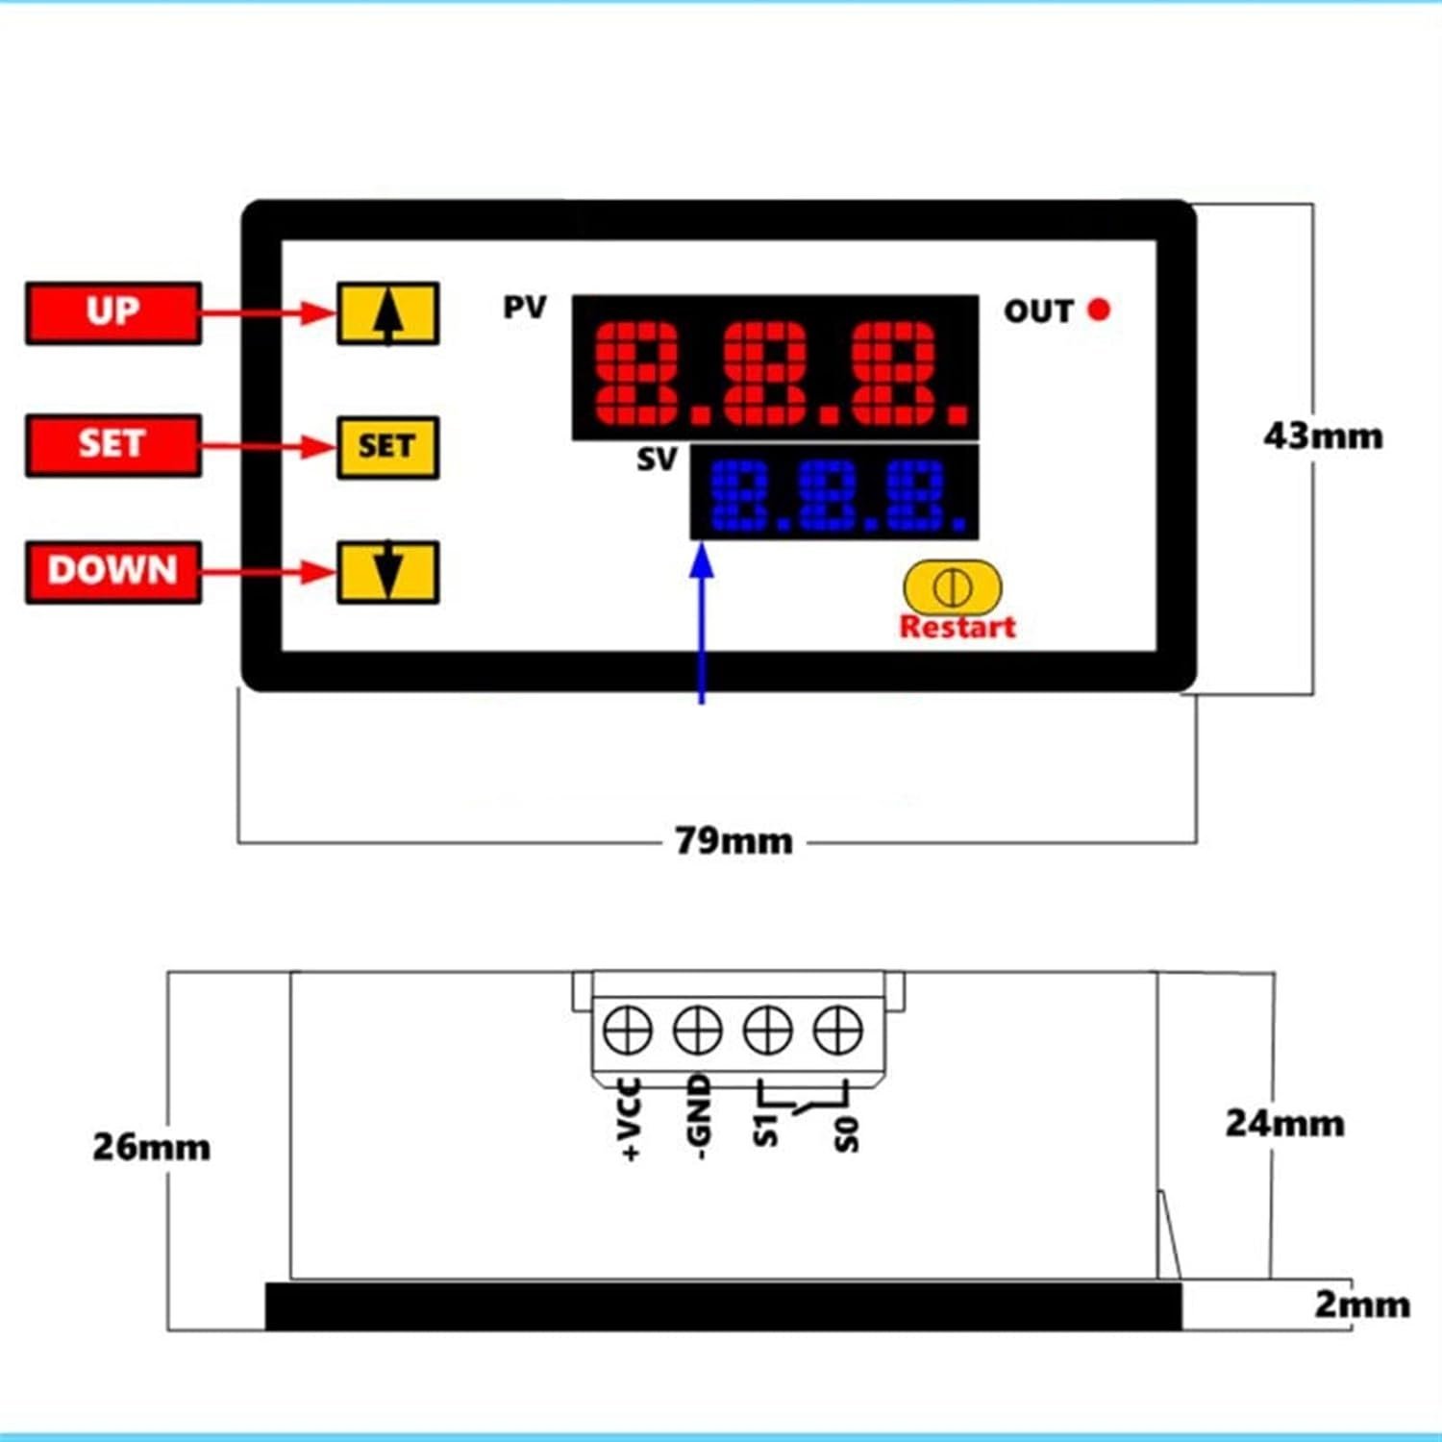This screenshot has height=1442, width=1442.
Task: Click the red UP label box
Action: click(113, 312)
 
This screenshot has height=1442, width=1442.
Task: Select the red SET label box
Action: click(113, 445)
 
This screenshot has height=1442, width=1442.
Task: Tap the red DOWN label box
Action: click(113, 572)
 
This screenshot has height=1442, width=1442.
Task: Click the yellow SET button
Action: click(387, 447)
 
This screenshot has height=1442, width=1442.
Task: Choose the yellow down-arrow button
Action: click(387, 572)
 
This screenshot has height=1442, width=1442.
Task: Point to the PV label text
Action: click(525, 308)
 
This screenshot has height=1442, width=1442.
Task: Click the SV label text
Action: click(658, 460)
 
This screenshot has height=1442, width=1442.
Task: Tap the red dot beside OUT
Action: click(1099, 310)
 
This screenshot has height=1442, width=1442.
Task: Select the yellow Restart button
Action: click(953, 586)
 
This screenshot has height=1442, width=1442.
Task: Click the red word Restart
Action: click(957, 627)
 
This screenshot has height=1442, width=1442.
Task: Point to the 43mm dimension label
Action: click(1324, 436)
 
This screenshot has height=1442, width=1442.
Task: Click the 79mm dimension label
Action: click(733, 841)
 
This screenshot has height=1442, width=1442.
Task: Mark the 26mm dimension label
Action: click(151, 1147)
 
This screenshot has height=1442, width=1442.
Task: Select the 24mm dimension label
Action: click(1284, 1123)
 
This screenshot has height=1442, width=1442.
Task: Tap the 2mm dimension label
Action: click(1362, 1305)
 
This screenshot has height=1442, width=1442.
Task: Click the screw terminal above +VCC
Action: click(628, 1031)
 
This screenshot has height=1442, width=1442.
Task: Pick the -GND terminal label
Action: click(699, 1117)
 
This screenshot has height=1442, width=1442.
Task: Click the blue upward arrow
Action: click(703, 623)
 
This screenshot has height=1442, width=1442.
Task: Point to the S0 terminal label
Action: click(846, 1134)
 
